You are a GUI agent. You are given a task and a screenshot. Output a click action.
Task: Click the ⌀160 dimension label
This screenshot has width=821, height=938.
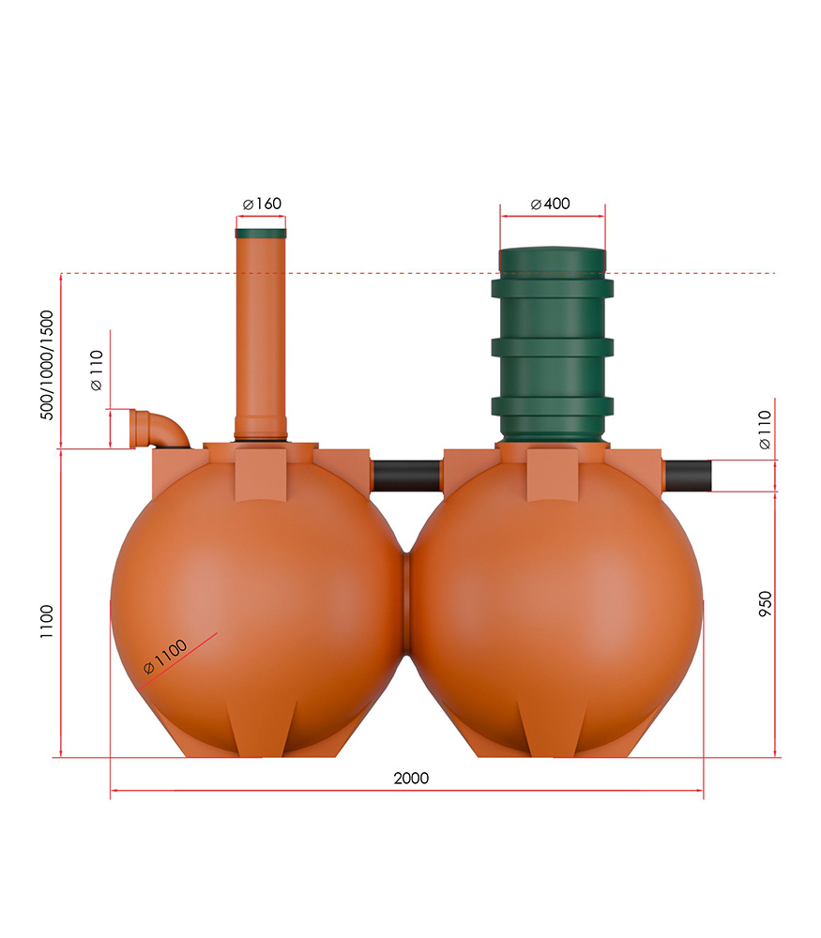262,204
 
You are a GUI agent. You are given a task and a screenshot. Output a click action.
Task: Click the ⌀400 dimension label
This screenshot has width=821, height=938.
551,204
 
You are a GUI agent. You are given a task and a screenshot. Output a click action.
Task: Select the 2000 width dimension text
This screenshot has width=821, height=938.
411,779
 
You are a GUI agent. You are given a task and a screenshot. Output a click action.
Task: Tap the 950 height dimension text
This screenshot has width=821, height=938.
766,603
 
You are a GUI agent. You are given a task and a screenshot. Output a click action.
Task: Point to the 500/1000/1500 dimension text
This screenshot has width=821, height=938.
47,365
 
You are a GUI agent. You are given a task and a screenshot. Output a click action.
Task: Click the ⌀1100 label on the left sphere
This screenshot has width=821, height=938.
165,657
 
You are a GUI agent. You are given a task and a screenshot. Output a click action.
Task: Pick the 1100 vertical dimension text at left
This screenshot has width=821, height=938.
47,622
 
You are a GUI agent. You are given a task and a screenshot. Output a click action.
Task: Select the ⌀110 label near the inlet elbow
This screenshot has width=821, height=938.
97,371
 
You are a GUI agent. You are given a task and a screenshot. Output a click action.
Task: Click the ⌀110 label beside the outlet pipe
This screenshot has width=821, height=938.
766,430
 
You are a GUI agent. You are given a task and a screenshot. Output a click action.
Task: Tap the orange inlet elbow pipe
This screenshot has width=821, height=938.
161,428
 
